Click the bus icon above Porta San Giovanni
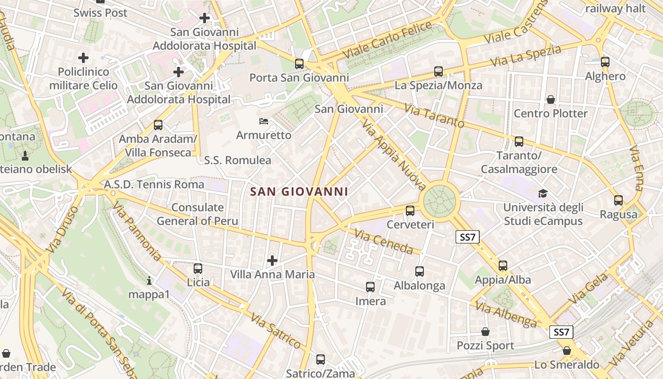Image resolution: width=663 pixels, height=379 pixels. click(x=299, y=63)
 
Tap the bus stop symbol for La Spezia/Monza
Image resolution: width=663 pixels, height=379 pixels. click(x=439, y=72)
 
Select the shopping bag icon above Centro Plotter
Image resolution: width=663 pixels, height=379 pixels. click(x=551, y=99)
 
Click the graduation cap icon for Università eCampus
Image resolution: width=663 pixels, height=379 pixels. click(x=543, y=194)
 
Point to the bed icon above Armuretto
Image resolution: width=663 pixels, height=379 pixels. click(x=264, y=121)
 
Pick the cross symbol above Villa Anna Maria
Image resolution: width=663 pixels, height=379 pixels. click(x=272, y=260)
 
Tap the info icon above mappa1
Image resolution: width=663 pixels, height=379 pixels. click(x=149, y=280)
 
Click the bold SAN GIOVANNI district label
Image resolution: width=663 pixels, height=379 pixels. click(x=299, y=192)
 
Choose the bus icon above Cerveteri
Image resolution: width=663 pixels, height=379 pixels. click(x=410, y=211)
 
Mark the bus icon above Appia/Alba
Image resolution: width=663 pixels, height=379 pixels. click(x=502, y=266)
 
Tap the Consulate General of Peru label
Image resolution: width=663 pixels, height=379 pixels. click(x=197, y=214)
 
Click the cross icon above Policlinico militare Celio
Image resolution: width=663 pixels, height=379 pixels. click(x=83, y=58)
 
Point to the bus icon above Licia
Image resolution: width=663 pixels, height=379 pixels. click(x=198, y=269)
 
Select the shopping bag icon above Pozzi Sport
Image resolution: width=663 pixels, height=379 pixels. click(x=485, y=332)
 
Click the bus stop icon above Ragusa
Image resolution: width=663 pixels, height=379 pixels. click(x=618, y=200)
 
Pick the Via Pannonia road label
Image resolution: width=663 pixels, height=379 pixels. click(x=137, y=231)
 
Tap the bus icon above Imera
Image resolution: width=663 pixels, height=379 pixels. click(x=370, y=287)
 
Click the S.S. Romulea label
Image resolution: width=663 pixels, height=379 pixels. click(x=238, y=160)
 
